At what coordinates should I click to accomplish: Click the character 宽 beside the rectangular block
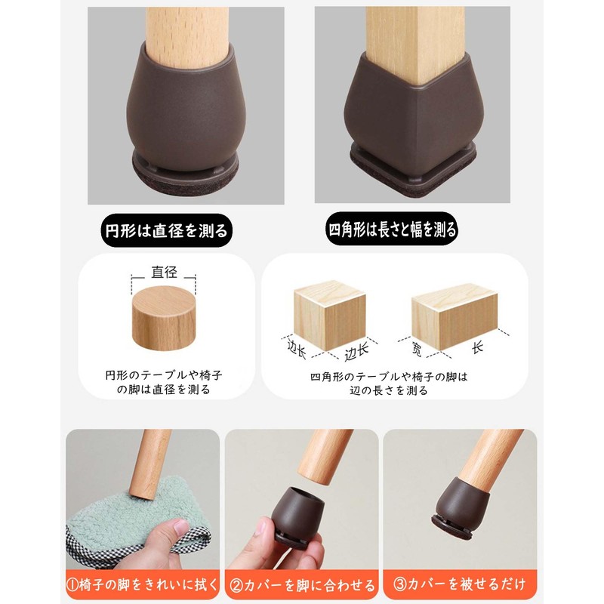[416, 349]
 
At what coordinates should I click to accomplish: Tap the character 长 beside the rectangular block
[477, 349]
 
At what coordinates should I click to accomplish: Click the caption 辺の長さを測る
[390, 390]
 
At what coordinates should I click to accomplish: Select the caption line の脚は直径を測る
[163, 390]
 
